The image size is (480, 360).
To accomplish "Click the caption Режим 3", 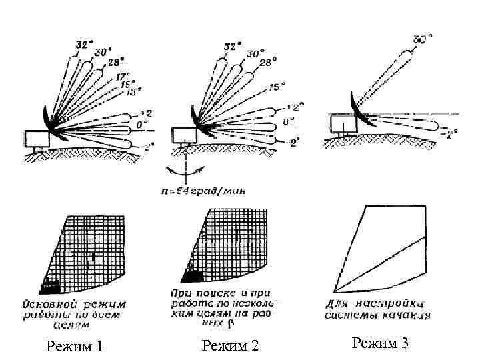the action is click(380, 343).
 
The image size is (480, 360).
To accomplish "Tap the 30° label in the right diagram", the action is click(422, 39).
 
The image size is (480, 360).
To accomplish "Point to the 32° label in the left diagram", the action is click(84, 45).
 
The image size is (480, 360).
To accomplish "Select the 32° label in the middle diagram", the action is click(231, 47).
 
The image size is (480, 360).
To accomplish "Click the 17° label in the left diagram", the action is click(124, 76).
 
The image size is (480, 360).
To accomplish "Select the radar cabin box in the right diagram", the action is click(343, 124).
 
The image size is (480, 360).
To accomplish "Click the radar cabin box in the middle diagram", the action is click(183, 133).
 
